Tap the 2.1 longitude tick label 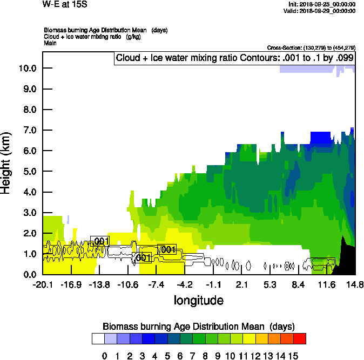point(242,285)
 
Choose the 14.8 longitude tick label point(355,285)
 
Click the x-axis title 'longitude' point(198,300)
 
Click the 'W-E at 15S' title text point(64,4)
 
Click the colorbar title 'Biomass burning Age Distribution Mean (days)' point(198,327)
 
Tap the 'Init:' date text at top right point(322,4)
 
